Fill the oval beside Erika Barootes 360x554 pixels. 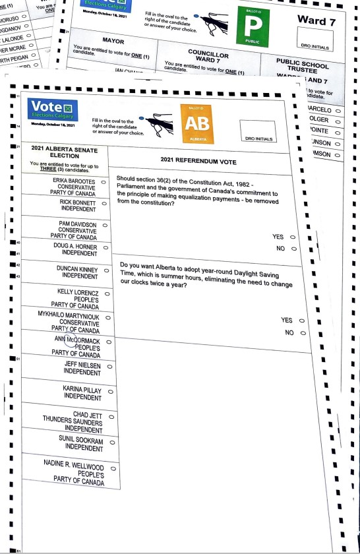point(104,181)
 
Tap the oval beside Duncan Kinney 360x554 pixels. point(104,270)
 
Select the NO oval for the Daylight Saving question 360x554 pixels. point(303,333)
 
